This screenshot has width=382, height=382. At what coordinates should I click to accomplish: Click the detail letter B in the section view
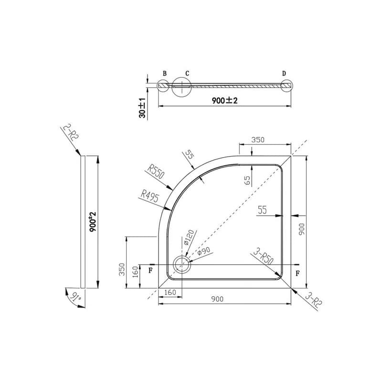(x=165, y=74)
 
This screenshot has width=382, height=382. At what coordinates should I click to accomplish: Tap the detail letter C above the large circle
(x=187, y=74)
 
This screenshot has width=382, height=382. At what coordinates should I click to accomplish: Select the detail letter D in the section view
(x=284, y=74)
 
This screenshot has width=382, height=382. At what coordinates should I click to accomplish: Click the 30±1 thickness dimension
(x=142, y=108)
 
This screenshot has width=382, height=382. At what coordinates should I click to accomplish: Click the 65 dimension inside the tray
(x=247, y=180)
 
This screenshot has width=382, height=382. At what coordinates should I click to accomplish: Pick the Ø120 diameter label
(x=189, y=237)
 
